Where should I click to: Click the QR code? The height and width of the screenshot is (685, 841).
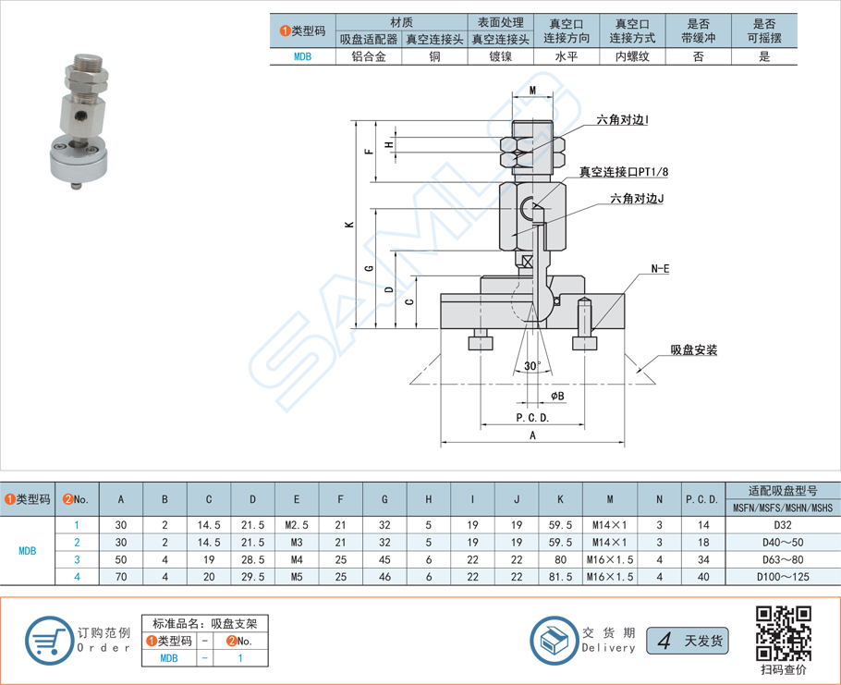pyautogui.click(x=784, y=631)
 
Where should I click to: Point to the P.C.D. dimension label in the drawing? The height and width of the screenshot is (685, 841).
pyautogui.click(x=532, y=417)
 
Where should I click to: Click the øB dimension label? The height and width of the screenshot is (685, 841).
pyautogui.click(x=557, y=396)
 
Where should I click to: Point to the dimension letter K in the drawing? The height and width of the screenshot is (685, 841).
pyautogui.click(x=348, y=225)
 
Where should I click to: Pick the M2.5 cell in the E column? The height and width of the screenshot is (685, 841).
pyautogui.click(x=296, y=524)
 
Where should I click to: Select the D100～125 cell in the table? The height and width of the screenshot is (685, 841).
pyautogui.click(x=782, y=576)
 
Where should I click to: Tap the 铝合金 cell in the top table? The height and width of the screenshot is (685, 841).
pyautogui.click(x=369, y=55)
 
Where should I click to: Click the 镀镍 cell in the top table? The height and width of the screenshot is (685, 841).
pyautogui.click(x=500, y=55)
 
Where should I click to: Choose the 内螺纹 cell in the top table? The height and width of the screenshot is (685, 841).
pyautogui.click(x=631, y=55)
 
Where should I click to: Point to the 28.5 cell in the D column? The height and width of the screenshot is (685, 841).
pyautogui.click(x=252, y=559)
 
